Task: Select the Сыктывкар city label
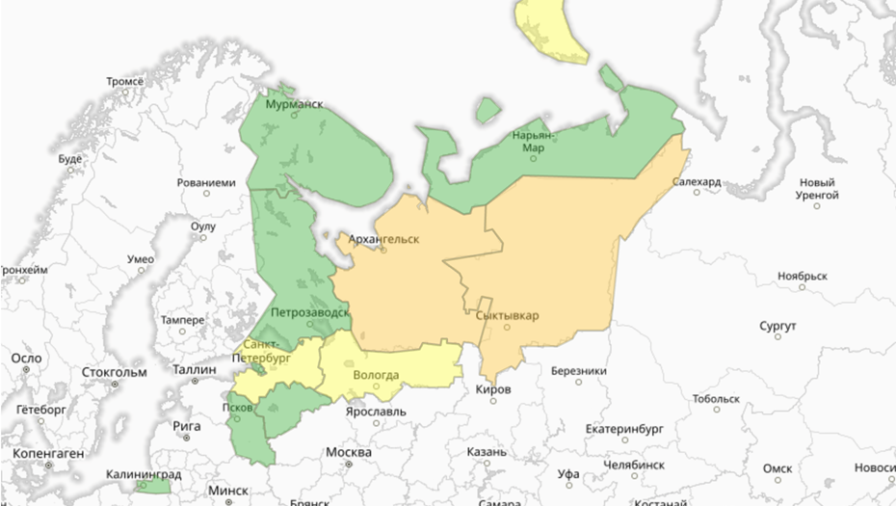[x=507, y=315]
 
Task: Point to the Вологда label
[x=377, y=375]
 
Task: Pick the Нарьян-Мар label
[x=533, y=141]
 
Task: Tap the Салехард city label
[x=697, y=181]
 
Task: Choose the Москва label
[x=348, y=453]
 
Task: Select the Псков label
[x=236, y=408]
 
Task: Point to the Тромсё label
[x=124, y=82]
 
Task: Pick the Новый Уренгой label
[x=816, y=189]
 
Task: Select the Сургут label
[x=777, y=326]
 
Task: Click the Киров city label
[x=493, y=389]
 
